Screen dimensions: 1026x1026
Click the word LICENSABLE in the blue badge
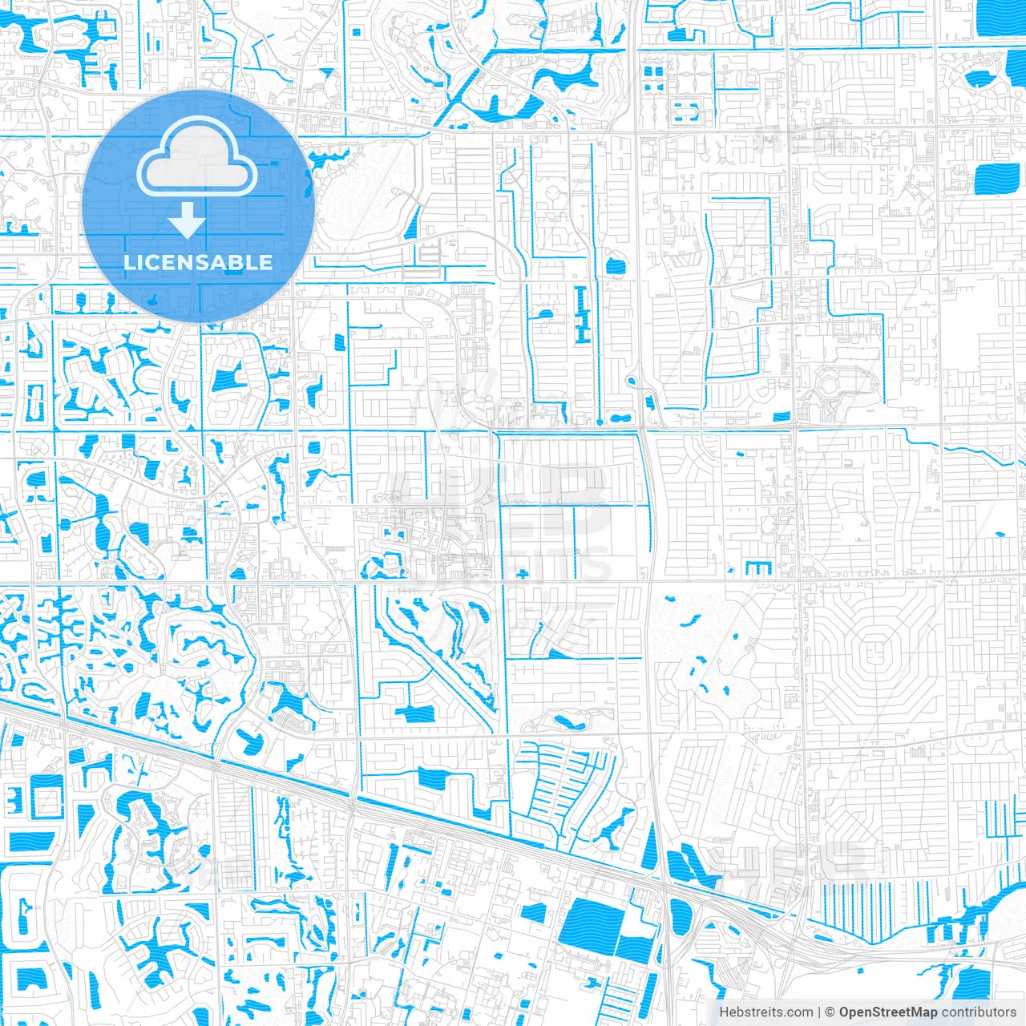[x=198, y=262]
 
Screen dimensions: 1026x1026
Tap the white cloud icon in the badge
[x=197, y=159]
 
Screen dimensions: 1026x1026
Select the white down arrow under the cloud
[x=187, y=220]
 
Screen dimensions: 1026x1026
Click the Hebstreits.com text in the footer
[x=765, y=1012]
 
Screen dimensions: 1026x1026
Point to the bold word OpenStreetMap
[x=888, y=1012]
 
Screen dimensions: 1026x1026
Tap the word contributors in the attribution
[x=979, y=1012]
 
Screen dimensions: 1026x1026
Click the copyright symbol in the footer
[x=830, y=1012]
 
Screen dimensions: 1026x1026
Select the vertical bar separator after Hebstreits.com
[x=818, y=1012]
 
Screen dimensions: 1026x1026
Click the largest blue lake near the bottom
[x=592, y=925]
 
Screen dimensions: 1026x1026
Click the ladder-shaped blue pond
[x=583, y=313]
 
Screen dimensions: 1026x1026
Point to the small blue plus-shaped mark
[x=523, y=573]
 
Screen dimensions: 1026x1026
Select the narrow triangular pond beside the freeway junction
[x=650, y=848]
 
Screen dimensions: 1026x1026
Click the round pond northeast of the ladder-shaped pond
[x=615, y=266]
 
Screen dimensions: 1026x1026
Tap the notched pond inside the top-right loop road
[x=980, y=79]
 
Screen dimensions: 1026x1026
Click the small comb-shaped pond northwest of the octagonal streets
[x=757, y=568]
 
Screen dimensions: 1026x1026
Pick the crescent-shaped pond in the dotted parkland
[x=688, y=620]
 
